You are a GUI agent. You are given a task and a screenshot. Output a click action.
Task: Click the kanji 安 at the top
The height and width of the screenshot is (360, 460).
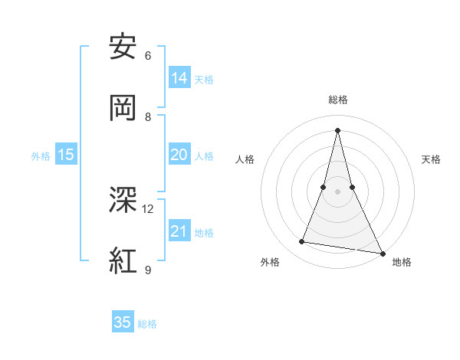click(x=123, y=47)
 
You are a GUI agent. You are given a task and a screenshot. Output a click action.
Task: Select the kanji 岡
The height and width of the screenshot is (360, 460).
click(x=123, y=108)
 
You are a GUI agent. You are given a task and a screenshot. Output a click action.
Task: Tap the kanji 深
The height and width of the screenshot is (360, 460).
click(x=123, y=200)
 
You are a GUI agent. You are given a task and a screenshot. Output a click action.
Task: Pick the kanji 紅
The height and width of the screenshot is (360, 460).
click(x=123, y=260)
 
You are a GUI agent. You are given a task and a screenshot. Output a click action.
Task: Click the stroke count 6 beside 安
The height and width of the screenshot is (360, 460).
click(x=148, y=55)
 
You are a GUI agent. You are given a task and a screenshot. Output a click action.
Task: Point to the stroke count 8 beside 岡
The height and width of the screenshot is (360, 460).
click(x=148, y=116)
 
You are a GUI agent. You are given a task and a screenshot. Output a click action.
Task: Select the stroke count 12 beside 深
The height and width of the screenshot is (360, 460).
click(x=148, y=208)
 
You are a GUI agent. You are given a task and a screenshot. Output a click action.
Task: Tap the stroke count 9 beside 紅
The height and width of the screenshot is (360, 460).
click(x=148, y=269)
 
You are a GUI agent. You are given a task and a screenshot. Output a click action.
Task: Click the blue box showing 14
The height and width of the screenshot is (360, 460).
click(x=179, y=78)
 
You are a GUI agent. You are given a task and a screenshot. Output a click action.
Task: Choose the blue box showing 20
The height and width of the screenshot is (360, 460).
click(x=179, y=155)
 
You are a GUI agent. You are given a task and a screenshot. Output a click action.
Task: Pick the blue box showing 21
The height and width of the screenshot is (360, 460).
click(x=179, y=231)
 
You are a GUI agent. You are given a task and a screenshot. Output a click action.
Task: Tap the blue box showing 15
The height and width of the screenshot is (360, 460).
click(x=66, y=155)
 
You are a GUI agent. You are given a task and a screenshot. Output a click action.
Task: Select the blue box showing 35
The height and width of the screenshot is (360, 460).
click(x=123, y=322)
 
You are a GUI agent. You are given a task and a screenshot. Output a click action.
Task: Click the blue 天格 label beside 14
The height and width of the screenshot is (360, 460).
click(x=204, y=80)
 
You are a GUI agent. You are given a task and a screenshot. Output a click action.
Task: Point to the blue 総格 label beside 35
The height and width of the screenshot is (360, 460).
click(x=147, y=324)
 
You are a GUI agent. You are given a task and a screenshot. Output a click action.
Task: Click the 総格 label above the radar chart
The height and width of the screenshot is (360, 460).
click(x=338, y=100)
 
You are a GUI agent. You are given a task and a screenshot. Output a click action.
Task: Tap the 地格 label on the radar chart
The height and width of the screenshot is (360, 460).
click(x=402, y=262)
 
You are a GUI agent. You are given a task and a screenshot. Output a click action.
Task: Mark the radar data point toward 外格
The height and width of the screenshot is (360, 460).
click(x=302, y=242)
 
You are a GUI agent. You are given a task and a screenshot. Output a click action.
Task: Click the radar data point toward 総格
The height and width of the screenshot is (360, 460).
click(x=338, y=129)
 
